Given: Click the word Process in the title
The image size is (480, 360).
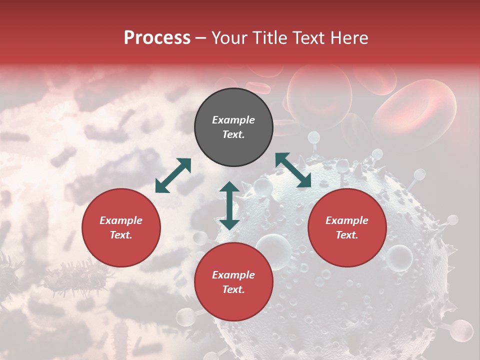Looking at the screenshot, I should point(157,38).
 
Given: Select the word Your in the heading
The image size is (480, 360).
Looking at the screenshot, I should point(228,38).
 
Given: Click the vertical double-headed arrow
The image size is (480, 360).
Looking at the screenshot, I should point(229,205).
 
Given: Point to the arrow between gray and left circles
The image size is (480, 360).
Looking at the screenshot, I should point(173,175).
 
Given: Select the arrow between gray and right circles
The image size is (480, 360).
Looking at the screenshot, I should point(293,170).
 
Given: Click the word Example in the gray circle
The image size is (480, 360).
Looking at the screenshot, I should point(233,120).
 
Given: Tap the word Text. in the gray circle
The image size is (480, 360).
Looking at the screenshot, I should point(233,134).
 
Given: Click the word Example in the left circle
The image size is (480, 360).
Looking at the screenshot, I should point(121,220).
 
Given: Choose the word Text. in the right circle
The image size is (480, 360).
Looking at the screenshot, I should point(347,235).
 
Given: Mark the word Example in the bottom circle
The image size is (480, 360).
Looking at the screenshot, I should point(233,275).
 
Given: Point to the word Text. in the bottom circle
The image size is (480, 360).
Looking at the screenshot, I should point(233,289).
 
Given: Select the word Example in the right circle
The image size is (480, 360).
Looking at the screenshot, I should point(347,220).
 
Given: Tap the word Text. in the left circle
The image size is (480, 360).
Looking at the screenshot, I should point(121,235).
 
